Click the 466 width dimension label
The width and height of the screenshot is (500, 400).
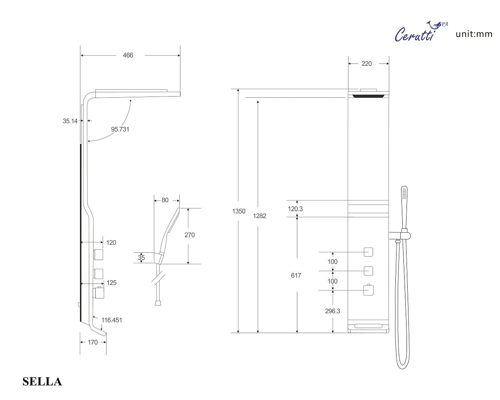tap(128, 55)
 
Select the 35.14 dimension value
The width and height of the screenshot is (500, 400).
tap(70, 121)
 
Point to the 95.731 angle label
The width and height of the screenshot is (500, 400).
tap(120, 130)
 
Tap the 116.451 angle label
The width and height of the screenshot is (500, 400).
tap(112, 320)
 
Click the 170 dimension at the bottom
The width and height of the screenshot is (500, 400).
tap(93, 342)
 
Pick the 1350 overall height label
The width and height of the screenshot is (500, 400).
tap(238, 211)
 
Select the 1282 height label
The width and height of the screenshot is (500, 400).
tap(260, 216)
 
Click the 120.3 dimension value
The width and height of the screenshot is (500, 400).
tap(295, 209)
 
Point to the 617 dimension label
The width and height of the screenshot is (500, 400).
tap(296, 275)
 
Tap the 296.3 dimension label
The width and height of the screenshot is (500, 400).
tap(332, 311)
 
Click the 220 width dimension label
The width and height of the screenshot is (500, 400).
tap(367, 64)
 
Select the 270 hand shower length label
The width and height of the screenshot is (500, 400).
tap(190, 235)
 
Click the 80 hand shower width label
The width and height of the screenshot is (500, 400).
tap(165, 200)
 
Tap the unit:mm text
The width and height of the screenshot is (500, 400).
tap(474, 34)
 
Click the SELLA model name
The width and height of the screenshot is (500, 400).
tap(42, 382)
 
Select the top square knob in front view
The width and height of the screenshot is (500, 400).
tap(368, 252)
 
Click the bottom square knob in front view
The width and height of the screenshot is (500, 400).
tap(368, 290)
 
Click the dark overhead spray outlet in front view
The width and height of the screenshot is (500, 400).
tap(368, 96)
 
